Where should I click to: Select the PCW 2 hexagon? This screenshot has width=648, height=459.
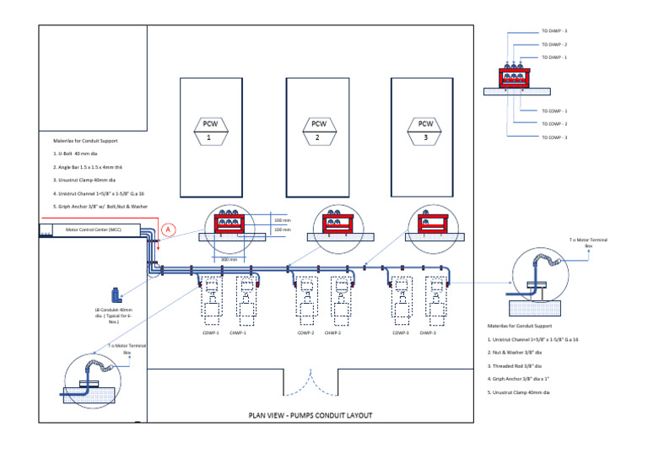(316, 130)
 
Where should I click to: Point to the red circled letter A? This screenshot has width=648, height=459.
(168, 229)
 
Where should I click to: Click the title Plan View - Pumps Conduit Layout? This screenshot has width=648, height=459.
(310, 415)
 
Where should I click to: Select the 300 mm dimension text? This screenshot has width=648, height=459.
(229, 259)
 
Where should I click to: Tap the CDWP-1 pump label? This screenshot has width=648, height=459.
(210, 332)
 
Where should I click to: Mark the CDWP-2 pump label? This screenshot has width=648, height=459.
(305, 332)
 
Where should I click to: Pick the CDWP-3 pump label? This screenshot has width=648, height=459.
(401, 332)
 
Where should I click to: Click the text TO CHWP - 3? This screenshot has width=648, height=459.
(554, 31)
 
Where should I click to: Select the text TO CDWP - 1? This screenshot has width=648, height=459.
(554, 111)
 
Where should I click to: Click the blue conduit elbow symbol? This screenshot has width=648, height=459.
(115, 296)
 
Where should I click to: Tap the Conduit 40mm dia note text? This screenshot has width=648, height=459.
(114, 315)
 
